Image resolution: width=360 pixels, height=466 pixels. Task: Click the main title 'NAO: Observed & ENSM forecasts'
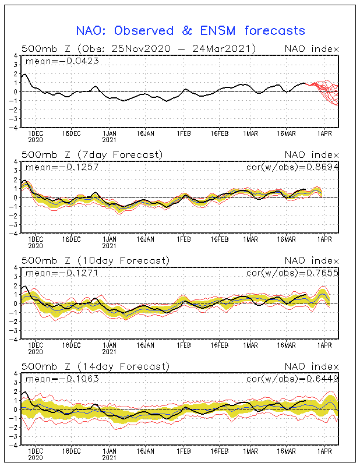point(190,30)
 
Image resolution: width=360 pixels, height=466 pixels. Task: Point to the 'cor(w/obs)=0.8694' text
point(294,167)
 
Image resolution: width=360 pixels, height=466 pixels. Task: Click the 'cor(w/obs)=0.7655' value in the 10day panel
point(294,273)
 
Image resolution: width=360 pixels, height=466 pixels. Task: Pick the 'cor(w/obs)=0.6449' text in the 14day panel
point(294,379)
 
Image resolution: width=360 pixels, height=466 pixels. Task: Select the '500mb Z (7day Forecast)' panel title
point(92,154)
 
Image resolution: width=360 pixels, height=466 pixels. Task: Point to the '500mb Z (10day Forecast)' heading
point(95,260)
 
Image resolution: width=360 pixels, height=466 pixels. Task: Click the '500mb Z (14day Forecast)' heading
point(95,366)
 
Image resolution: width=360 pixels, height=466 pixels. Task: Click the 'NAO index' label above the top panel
point(311,48)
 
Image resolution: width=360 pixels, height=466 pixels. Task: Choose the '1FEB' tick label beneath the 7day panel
point(184,239)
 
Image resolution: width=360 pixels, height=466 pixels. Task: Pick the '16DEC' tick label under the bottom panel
point(70,451)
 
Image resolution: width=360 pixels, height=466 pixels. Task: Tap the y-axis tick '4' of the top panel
point(16,55)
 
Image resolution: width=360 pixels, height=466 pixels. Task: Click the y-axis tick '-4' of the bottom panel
point(14,444)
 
